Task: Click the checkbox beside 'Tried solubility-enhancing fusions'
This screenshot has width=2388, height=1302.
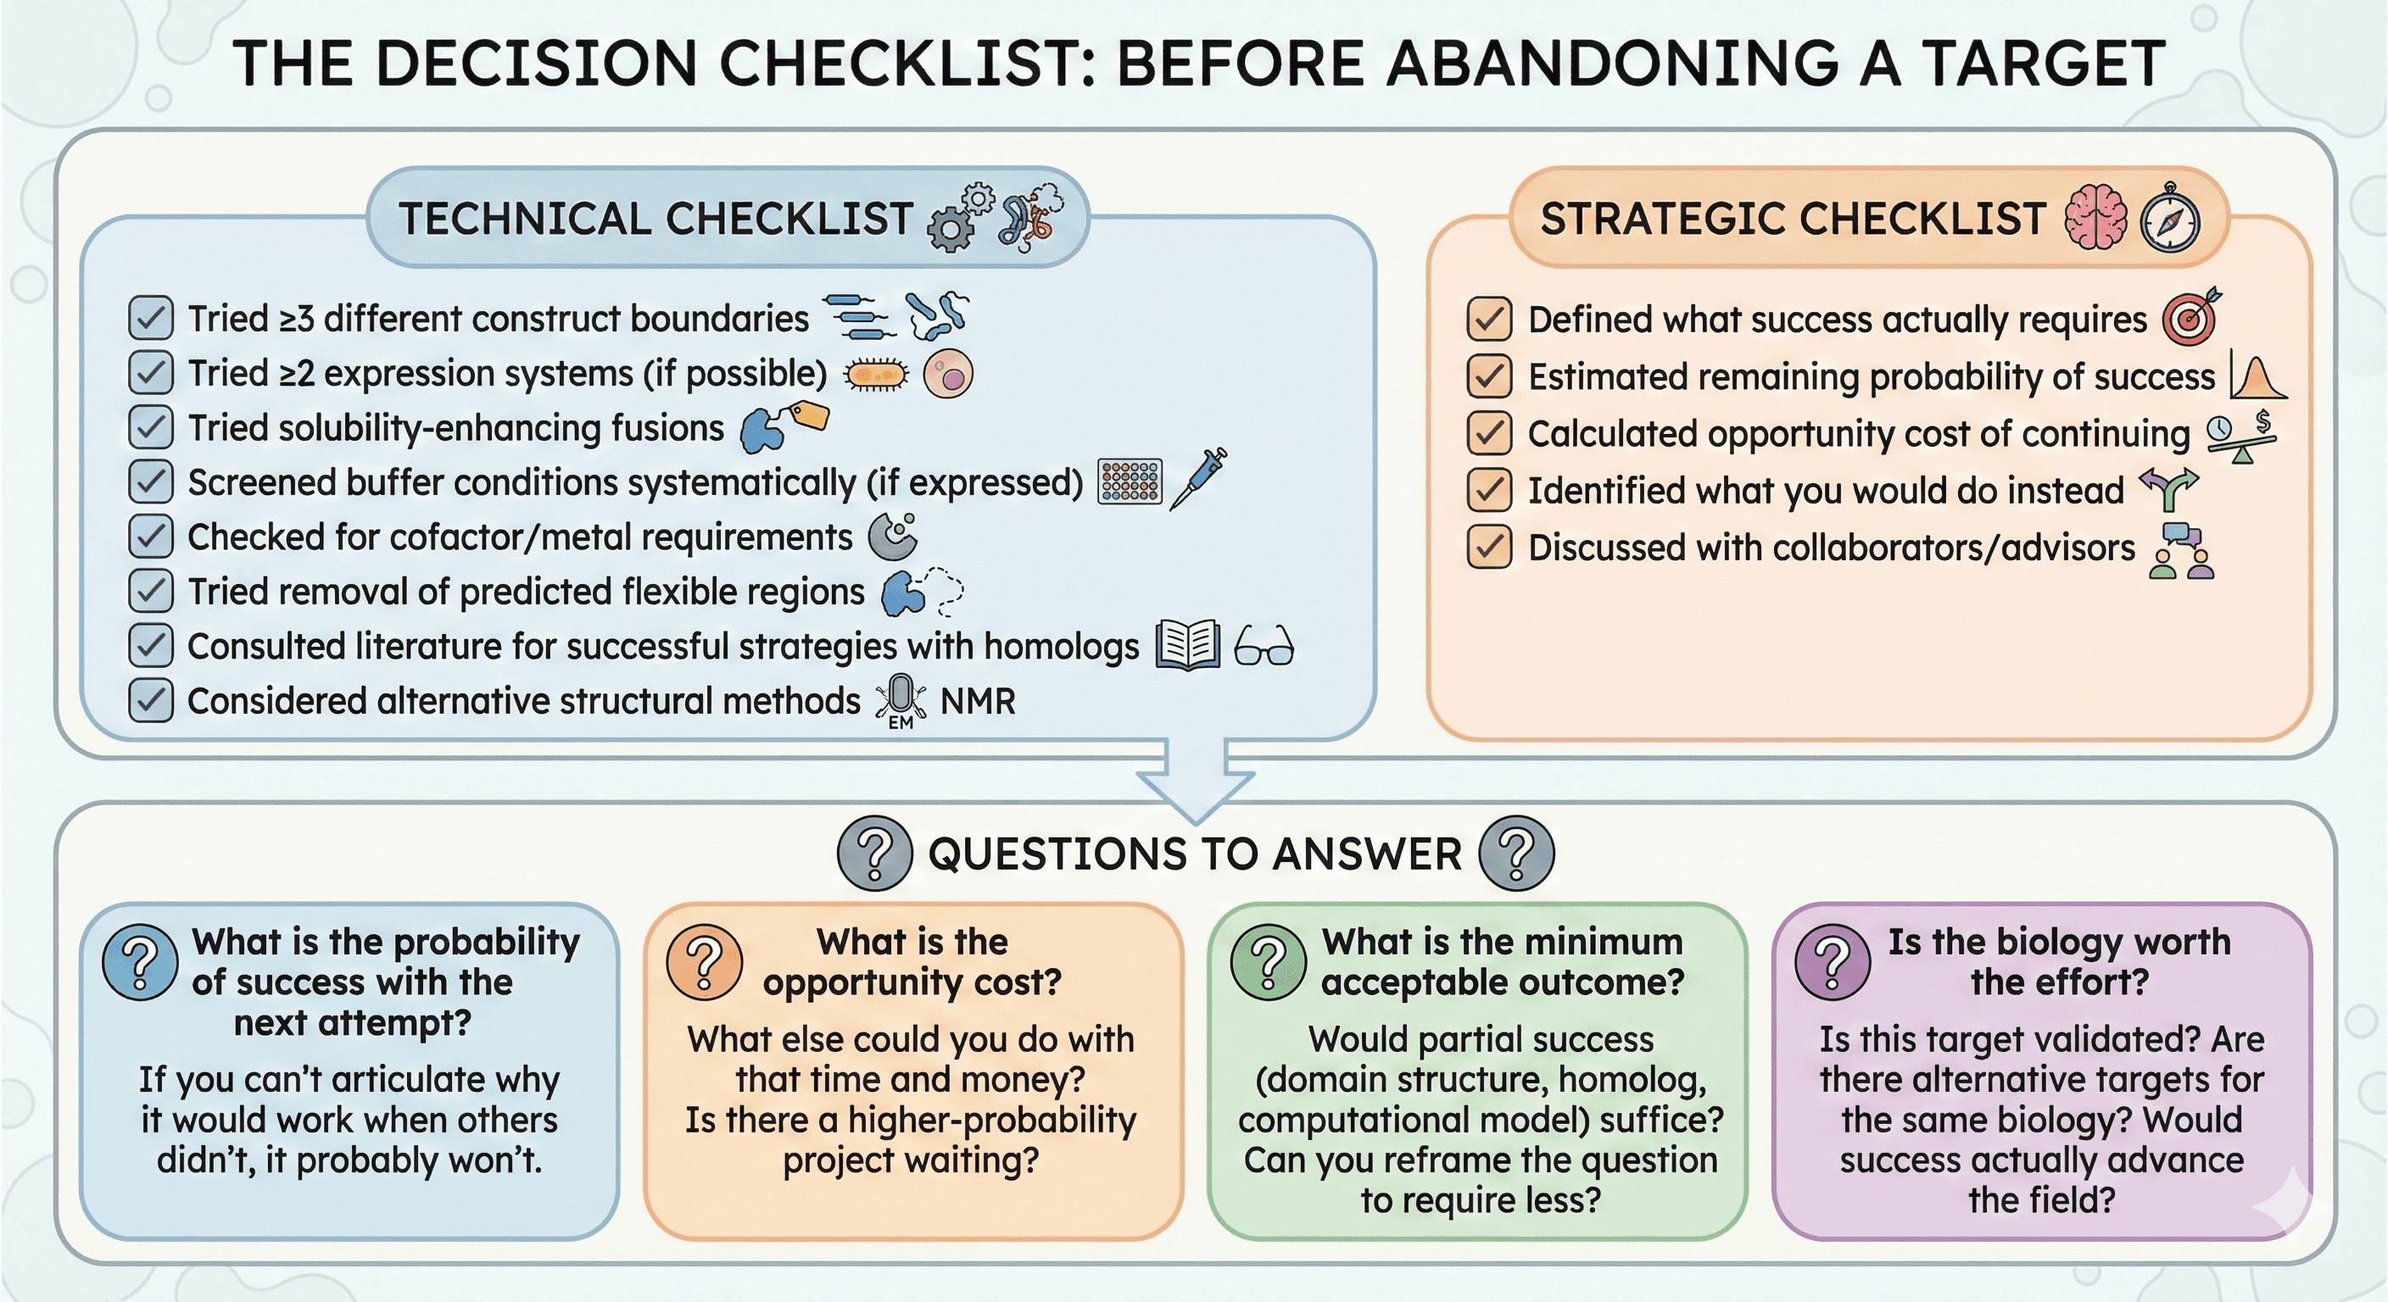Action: point(150,427)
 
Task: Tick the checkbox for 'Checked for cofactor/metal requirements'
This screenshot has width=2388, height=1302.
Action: point(150,537)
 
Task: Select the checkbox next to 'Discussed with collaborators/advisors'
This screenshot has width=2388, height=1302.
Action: point(1489,547)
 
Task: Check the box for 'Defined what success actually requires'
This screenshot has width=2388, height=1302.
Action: point(1489,319)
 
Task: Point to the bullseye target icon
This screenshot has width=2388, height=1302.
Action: point(2190,318)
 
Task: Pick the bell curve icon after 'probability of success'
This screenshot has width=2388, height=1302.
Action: point(2257,376)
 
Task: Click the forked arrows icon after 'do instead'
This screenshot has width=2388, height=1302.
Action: point(2168,489)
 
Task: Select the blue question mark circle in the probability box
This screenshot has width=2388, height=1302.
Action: point(140,961)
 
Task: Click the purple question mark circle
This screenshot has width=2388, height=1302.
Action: point(1832,961)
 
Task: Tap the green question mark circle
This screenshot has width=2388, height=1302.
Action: point(1268,961)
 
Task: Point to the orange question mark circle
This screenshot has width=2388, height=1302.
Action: point(705,961)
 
